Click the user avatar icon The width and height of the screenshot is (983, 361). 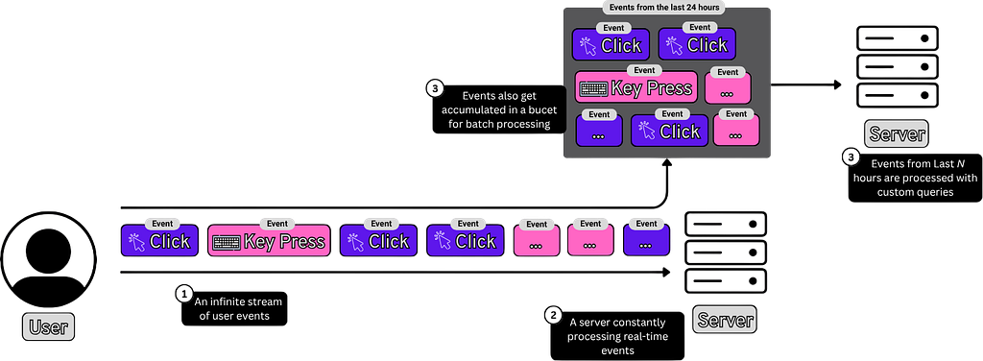point(48,259)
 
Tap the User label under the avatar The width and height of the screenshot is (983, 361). point(48,326)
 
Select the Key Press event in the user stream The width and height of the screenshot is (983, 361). point(269,241)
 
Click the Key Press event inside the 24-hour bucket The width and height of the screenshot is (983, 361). point(636,87)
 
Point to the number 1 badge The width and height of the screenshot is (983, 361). point(183,293)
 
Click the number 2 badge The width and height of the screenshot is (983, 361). point(553,316)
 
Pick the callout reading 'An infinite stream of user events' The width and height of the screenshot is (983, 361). point(234,309)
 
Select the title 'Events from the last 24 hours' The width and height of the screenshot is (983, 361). point(666,8)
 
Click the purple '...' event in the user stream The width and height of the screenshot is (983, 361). point(647,241)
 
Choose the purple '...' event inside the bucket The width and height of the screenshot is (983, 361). point(599,131)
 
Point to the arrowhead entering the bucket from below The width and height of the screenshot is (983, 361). point(667,163)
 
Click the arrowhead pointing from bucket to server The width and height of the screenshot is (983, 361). point(837,84)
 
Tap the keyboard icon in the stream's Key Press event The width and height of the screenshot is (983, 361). point(226,243)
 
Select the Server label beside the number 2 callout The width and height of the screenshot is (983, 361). point(725,320)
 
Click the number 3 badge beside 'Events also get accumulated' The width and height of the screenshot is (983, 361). point(434,88)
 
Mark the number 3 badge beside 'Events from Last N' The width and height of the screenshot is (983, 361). point(851,157)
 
